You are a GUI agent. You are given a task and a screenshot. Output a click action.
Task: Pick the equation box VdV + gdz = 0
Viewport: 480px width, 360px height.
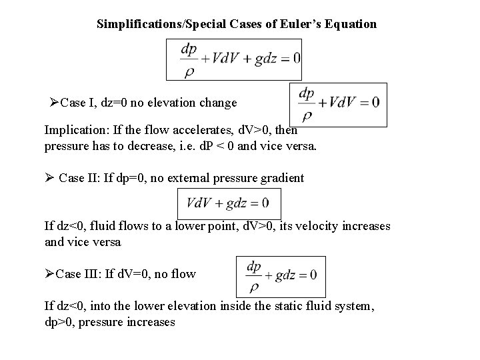(228, 203)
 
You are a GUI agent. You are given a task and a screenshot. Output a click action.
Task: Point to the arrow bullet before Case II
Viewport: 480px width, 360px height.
(49, 178)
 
